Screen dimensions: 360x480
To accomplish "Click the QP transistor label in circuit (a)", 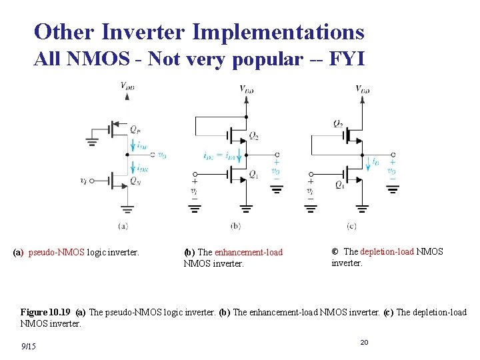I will point(135,129).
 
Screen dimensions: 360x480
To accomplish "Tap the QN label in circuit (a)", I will point(135,180).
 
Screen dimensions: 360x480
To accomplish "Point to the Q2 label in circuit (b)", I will point(254,135).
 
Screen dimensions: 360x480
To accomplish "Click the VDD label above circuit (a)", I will point(127,85).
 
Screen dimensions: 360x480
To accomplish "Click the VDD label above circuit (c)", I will point(363,89).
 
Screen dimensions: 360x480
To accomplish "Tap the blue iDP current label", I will point(142,146).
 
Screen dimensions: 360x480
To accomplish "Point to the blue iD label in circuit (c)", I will point(376,161).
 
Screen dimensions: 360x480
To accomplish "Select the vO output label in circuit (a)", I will point(161,156).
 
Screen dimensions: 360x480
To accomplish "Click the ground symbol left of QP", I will point(92,141).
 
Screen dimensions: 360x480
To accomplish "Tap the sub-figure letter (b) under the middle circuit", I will point(235,226).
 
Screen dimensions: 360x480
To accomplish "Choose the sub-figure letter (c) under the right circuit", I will point(351,226).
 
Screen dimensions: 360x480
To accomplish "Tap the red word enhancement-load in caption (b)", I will point(249,252).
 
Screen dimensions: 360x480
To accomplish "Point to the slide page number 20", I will point(364,342).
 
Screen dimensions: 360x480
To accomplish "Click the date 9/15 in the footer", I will point(29,346).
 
